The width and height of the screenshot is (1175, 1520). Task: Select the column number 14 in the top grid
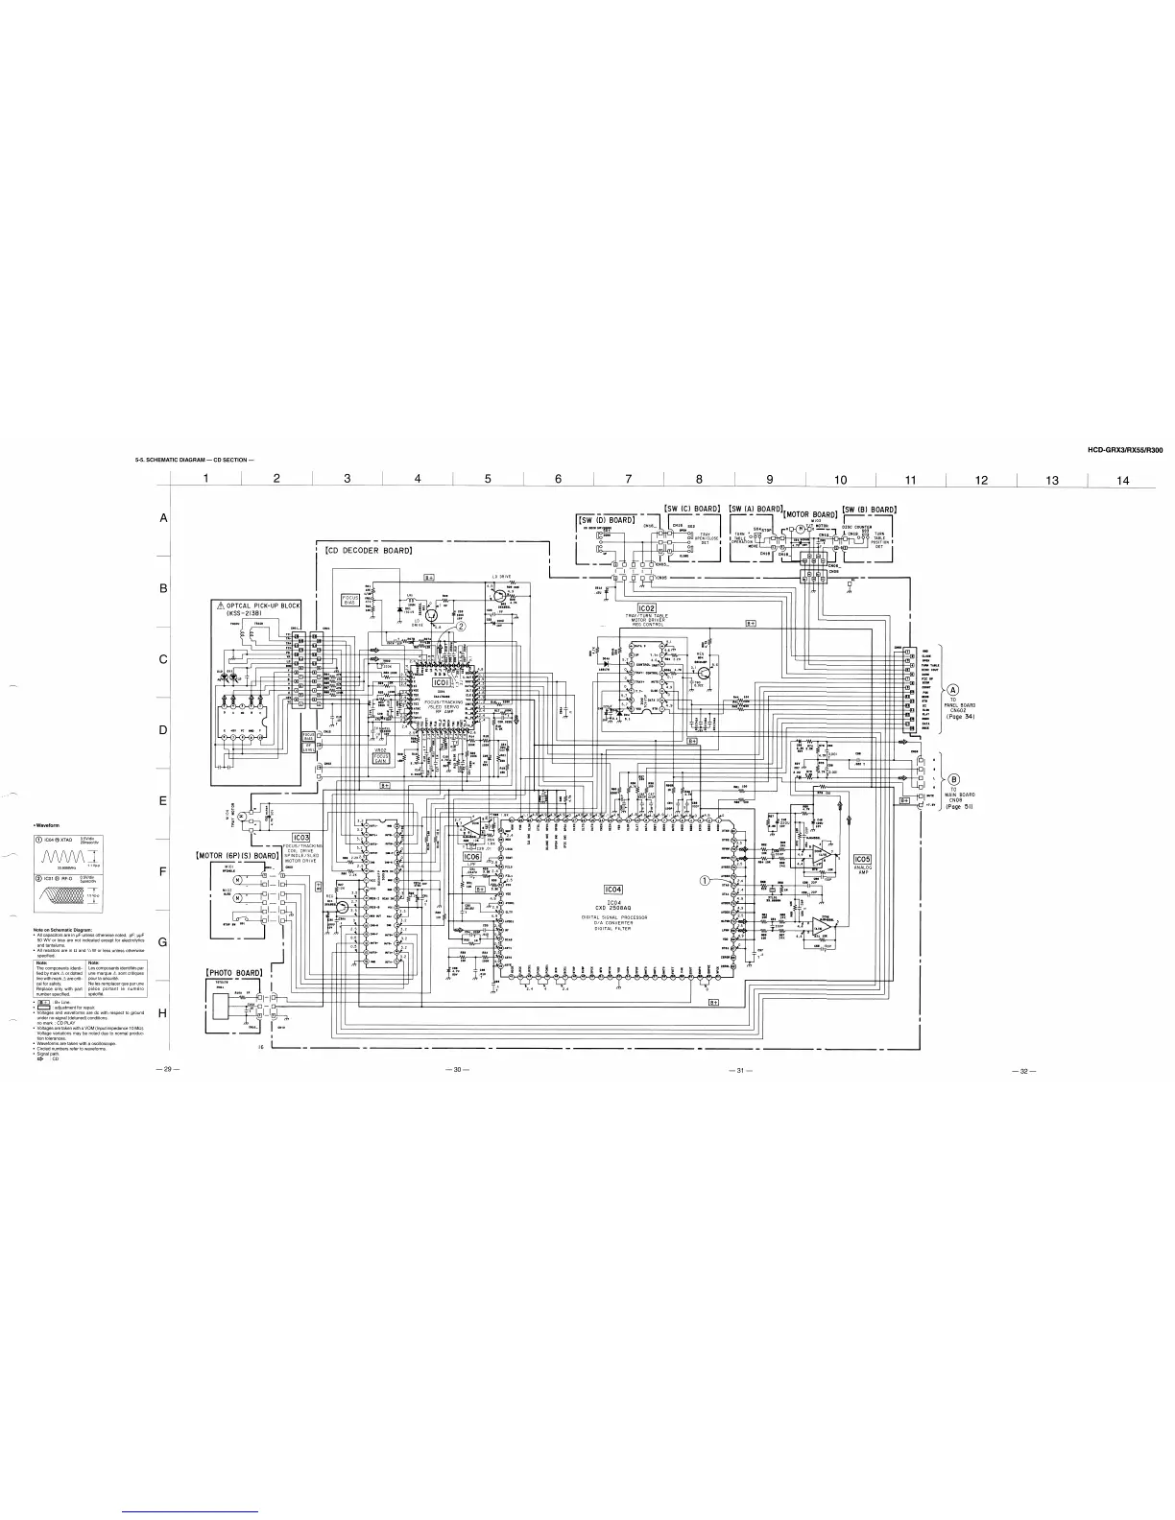1123,481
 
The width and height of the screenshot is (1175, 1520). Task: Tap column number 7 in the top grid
629,481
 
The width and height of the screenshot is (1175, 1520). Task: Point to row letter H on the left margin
163,1013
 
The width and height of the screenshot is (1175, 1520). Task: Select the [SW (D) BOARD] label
606,520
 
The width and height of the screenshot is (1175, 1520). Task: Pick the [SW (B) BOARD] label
869,510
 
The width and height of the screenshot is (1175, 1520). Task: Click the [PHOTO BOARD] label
235,972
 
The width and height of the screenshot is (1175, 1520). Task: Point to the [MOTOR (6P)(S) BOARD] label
237,855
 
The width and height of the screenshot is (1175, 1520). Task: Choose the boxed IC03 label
301,837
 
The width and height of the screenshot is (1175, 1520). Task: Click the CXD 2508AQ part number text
615,909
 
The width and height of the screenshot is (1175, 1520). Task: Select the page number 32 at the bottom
1024,1071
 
